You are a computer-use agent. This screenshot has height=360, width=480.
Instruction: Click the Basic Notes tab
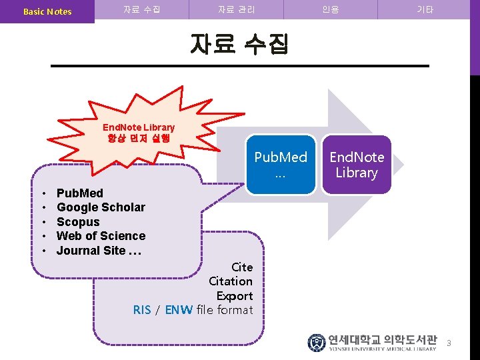click(x=47, y=11)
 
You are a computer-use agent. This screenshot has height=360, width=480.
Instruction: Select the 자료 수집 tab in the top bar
click(x=141, y=10)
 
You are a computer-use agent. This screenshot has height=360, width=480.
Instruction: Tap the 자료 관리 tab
click(x=236, y=10)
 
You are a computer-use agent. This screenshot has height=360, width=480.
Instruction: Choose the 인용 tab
click(x=330, y=10)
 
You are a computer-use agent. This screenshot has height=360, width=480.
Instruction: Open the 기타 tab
click(x=425, y=10)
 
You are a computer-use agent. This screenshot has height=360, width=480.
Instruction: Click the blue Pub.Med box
click(x=281, y=165)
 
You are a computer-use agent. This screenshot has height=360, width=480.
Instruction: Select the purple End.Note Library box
click(x=356, y=165)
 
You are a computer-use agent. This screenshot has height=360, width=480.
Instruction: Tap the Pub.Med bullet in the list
click(x=80, y=193)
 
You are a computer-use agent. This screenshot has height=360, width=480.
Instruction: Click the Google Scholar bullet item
click(x=101, y=207)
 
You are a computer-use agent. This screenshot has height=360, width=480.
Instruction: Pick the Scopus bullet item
click(x=78, y=222)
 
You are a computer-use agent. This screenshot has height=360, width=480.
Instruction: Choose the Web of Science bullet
click(x=101, y=236)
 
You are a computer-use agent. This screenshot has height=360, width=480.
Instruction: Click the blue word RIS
click(x=142, y=309)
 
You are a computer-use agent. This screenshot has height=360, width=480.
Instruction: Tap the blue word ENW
click(x=179, y=309)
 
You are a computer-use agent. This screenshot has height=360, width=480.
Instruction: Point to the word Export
click(x=235, y=295)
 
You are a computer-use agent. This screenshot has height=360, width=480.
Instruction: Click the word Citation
click(x=231, y=281)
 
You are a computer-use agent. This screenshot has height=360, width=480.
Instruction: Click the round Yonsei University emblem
click(x=316, y=343)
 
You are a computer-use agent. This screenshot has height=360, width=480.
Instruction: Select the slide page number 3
click(x=449, y=343)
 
